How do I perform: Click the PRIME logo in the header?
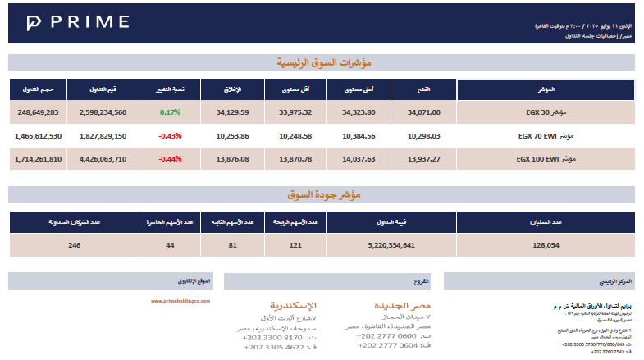tap(78, 22)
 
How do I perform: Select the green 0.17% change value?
tap(171, 112)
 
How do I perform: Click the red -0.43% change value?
tap(171, 135)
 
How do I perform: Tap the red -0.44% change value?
tap(171, 158)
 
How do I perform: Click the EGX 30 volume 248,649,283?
tap(38, 112)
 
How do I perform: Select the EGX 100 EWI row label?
tap(545, 158)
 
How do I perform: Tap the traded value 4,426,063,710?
tap(103, 158)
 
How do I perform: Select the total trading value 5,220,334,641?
tap(393, 244)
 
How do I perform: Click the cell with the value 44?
tap(170, 244)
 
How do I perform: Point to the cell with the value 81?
tap(232, 244)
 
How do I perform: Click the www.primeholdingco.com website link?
tap(181, 301)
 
